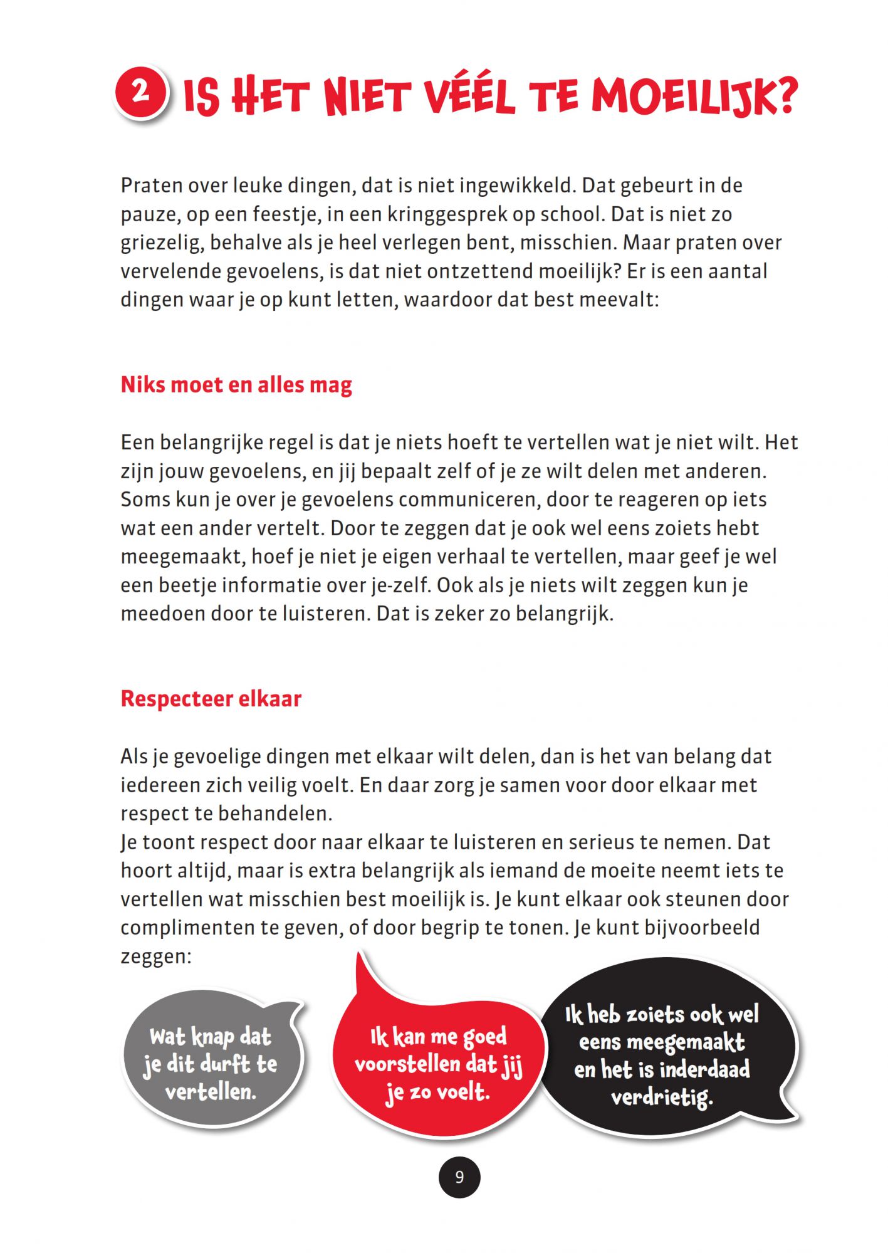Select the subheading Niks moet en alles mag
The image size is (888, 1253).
tap(236, 385)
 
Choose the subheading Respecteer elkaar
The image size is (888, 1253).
tap(211, 699)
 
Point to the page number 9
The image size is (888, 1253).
tap(459, 1177)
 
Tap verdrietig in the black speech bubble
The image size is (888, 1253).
tap(662, 1097)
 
